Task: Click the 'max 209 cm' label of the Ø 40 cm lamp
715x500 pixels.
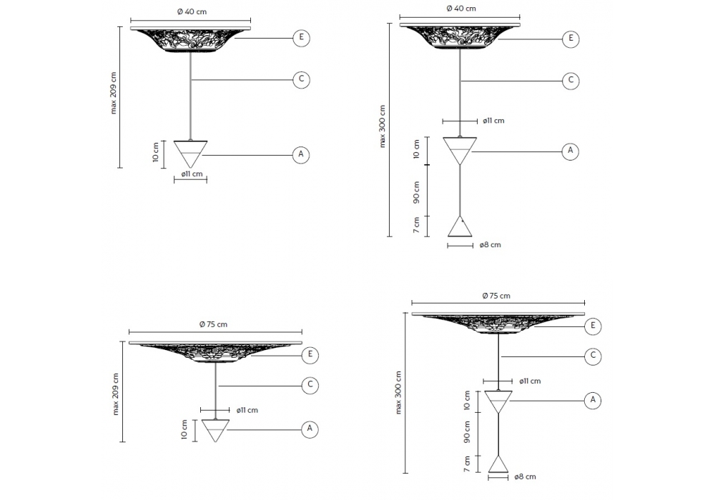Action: pos(114,93)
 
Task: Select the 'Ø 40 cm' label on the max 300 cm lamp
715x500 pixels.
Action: pos(461,8)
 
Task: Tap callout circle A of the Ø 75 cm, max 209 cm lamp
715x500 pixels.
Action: pos(310,429)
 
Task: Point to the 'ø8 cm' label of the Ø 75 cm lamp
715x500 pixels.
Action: pos(525,476)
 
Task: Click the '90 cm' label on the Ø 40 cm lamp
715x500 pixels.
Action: pos(416,191)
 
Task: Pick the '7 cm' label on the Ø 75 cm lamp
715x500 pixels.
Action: pos(467,463)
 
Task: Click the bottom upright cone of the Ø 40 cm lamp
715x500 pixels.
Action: pos(460,226)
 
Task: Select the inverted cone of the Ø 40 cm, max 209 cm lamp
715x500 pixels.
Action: pos(191,154)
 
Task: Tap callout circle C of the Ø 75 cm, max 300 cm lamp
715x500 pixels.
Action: pos(593,356)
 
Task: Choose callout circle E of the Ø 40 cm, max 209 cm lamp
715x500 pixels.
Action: pos(301,38)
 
